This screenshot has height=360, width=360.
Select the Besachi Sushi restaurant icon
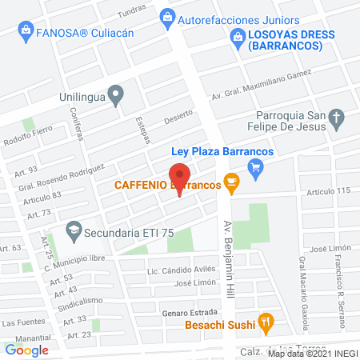(x=267, y=324)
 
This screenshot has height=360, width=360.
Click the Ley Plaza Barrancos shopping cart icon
(x=255, y=166)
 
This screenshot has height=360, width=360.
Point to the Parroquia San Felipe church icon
(x=337, y=122)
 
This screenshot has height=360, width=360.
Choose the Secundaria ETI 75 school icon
(x=74, y=229)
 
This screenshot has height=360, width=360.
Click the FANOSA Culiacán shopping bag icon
(x=25, y=30)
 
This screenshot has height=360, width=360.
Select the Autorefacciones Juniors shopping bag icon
(x=167, y=14)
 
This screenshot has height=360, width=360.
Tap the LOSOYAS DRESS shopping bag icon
(x=237, y=35)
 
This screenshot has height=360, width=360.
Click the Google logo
(x=27, y=350)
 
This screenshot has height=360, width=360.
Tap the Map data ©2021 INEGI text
(x=313, y=353)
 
